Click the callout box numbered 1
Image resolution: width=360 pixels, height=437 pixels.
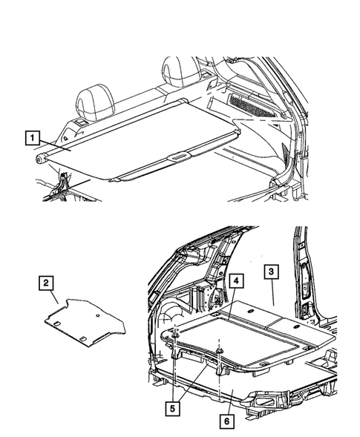[32, 137]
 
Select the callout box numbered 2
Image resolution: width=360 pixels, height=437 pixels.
[46, 282]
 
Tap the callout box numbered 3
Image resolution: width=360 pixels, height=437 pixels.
[272, 273]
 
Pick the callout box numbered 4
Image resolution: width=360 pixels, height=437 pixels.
[235, 281]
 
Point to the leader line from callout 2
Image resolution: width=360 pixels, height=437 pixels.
[54, 295]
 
